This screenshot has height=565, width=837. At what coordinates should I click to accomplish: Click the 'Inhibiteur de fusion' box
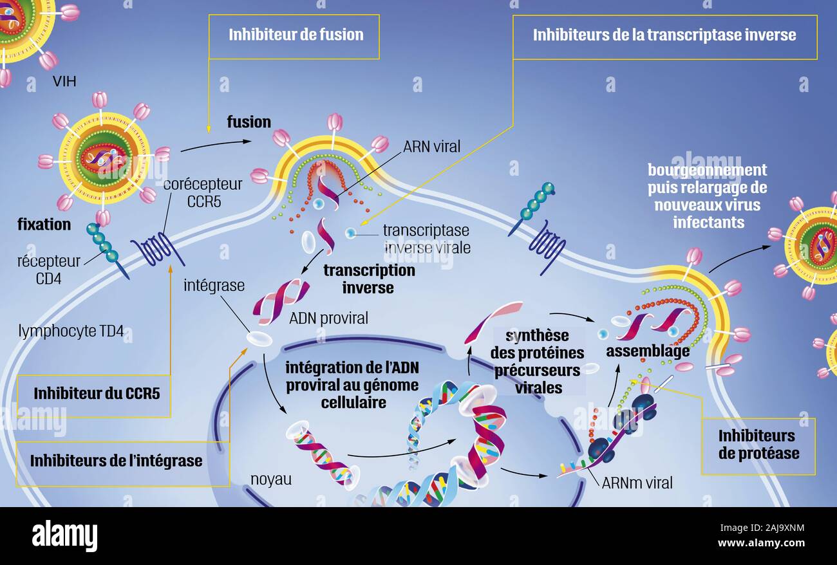point(294,37)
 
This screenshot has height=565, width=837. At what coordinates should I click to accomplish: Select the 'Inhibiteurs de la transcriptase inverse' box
point(664,37)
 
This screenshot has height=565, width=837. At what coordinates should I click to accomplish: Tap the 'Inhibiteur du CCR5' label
point(97,393)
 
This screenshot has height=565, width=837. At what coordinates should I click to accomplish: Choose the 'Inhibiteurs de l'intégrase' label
point(116,461)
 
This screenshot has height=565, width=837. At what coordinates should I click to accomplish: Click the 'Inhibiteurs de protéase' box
point(758,446)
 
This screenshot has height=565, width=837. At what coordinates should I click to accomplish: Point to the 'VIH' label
point(64,81)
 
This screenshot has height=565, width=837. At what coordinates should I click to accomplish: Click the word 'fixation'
point(44,225)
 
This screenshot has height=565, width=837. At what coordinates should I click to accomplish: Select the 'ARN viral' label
point(431,147)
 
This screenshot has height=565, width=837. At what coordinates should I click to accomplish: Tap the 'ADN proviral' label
point(328,318)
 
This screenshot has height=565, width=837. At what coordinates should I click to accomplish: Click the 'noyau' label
point(271,479)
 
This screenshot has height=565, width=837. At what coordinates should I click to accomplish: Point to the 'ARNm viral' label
point(637,483)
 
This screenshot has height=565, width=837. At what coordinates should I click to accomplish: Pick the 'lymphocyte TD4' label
point(71,331)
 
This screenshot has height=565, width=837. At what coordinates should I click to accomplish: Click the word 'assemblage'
point(648,351)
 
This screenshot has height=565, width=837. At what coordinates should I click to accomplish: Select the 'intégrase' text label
point(214,286)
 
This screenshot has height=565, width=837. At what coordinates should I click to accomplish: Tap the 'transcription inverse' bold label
point(369,279)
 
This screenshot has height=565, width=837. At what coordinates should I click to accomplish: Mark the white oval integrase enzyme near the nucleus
point(259,338)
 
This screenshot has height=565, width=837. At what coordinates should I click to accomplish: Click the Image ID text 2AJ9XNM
point(762,528)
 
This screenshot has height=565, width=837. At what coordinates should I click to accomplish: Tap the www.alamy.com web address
point(761,542)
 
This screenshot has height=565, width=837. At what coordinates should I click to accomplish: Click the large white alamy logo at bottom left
point(64,536)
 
